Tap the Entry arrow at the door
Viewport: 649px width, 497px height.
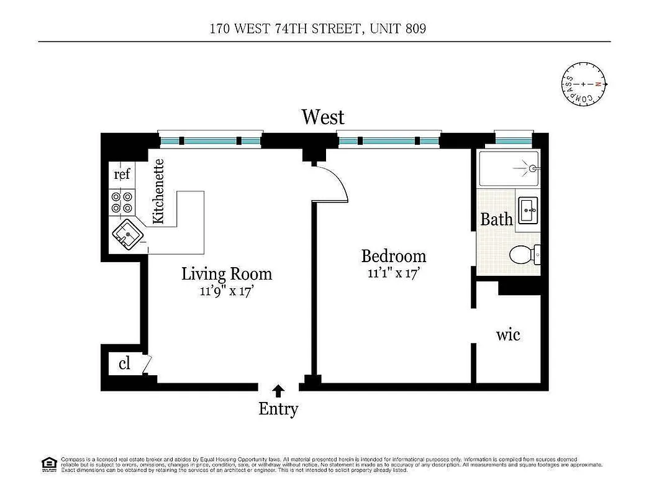[279, 391]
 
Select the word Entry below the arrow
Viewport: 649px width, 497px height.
[278, 409]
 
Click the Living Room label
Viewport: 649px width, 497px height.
[227, 273]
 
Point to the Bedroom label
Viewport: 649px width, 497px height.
[394, 256]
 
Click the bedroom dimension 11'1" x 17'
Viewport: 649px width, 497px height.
[394, 271]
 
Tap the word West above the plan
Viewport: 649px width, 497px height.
[322, 116]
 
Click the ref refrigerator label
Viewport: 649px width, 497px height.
[122, 175]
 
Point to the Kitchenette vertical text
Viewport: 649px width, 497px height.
[158, 191]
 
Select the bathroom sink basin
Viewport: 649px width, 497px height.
[529, 211]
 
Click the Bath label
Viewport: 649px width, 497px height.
[497, 219]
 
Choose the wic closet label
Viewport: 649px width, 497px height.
[508, 335]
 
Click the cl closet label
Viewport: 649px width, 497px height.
[124, 363]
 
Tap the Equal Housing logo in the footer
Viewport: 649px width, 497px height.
[48, 463]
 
